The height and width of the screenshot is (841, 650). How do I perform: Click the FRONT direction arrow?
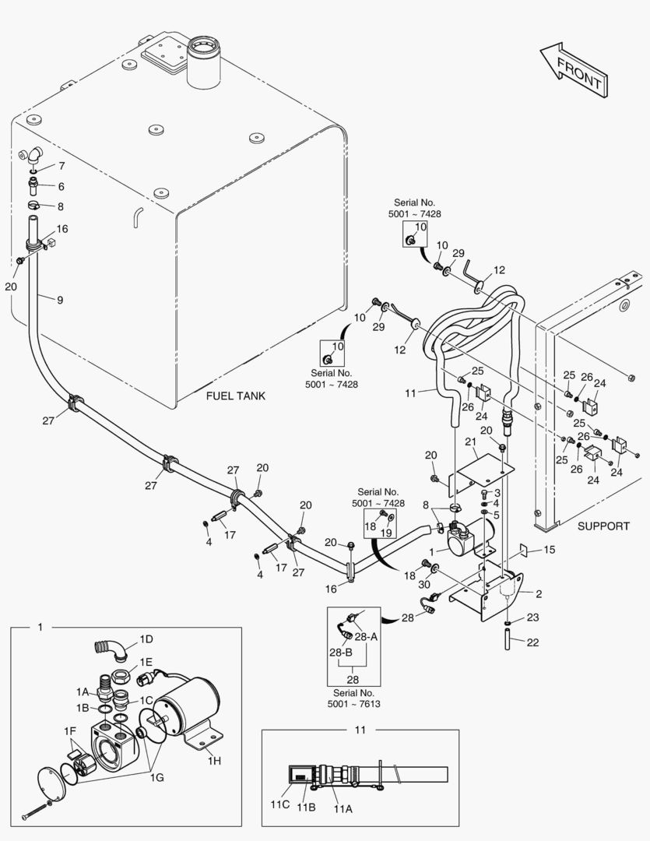[571, 69]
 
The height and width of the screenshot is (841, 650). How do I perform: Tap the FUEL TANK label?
[235, 396]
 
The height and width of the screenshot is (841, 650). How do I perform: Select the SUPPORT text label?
[603, 526]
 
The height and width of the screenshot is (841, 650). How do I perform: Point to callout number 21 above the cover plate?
[470, 442]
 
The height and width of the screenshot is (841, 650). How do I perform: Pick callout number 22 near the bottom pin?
[532, 642]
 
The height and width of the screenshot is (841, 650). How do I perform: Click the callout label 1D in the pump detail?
[146, 639]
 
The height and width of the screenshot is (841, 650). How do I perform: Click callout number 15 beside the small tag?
[550, 550]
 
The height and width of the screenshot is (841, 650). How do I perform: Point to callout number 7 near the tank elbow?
[61, 166]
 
